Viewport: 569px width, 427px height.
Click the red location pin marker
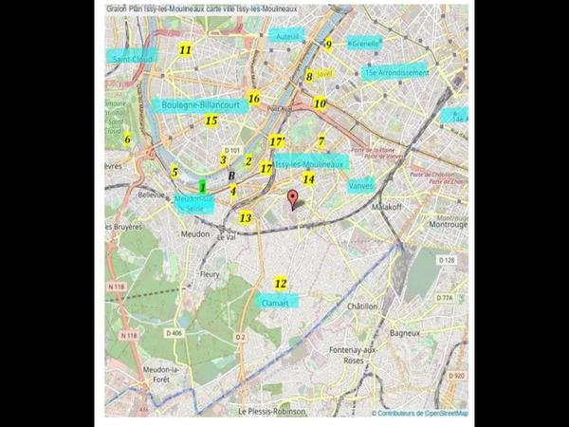point(293,199)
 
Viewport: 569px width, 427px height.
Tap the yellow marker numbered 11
point(185,49)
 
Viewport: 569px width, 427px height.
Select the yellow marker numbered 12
point(281,283)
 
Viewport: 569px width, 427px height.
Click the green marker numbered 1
point(203,188)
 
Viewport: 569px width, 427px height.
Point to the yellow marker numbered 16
point(253,98)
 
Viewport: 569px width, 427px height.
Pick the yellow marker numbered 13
point(246,217)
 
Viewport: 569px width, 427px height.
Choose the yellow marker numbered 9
point(329,44)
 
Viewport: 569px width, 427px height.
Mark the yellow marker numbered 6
point(127,139)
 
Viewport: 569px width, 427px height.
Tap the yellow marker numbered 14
point(308,178)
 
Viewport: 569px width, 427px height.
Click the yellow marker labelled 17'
point(277,141)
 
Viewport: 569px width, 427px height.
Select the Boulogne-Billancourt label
point(204,105)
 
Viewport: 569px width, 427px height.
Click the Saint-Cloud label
point(133,58)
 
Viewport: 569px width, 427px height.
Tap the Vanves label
point(361,186)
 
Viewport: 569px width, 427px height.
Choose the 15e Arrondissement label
point(395,72)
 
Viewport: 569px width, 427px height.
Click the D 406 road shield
point(174,333)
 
